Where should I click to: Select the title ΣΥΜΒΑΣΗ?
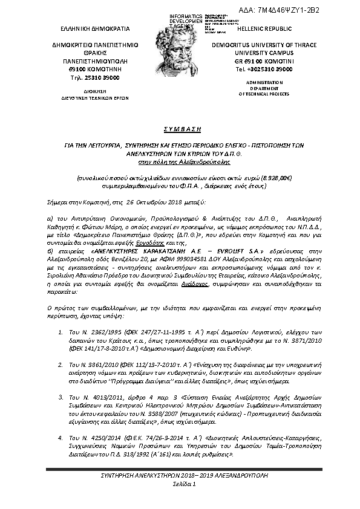click(x=180, y=129)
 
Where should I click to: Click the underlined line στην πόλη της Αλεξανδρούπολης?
click(x=180, y=162)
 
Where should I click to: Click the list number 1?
click(x=61, y=332)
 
